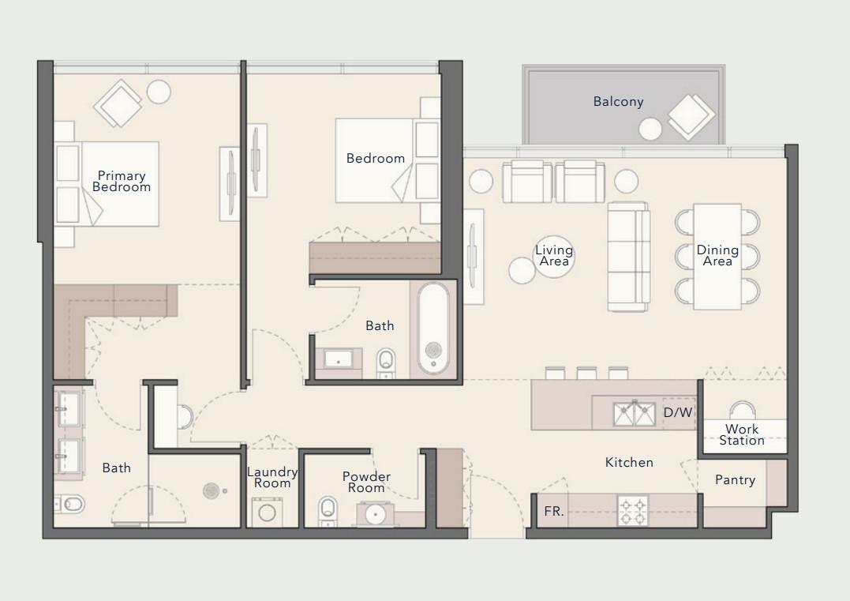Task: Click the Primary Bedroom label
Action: [x=122, y=182]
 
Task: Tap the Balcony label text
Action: [x=618, y=102]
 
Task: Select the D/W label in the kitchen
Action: [x=677, y=412]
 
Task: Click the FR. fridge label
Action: [x=553, y=512]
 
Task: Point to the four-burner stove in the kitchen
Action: [x=632, y=510]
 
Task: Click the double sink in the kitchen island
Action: [x=635, y=413]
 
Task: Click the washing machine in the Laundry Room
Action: [x=268, y=512]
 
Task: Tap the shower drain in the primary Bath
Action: [x=211, y=490]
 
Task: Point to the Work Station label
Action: [x=742, y=435]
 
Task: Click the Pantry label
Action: [x=735, y=480]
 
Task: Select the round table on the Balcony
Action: [x=650, y=129]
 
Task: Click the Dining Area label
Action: [x=717, y=256]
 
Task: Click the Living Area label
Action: [x=554, y=256]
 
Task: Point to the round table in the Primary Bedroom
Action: [x=159, y=92]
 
